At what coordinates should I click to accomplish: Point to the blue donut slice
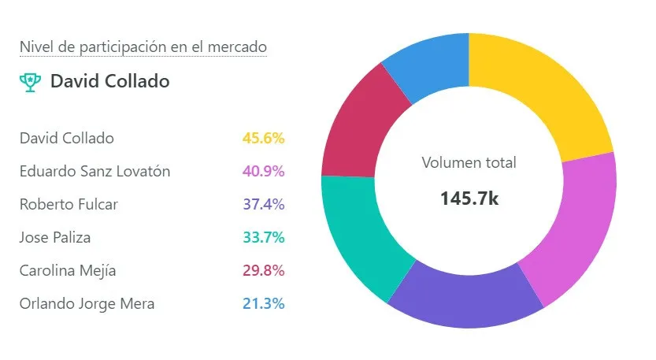(x=429, y=67)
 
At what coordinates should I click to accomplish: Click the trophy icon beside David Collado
(x=30, y=81)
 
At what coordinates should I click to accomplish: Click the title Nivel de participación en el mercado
(x=143, y=47)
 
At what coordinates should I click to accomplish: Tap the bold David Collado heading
(x=110, y=81)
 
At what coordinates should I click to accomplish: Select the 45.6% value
(x=263, y=138)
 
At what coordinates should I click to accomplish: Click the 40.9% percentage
(x=263, y=171)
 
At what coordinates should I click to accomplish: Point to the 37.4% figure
(x=263, y=204)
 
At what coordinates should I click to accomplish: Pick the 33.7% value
(x=263, y=237)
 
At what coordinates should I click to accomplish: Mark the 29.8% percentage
(x=263, y=270)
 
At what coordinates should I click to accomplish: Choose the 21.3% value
(x=263, y=303)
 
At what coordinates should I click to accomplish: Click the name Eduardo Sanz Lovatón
(x=95, y=171)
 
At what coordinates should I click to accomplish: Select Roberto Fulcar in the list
(x=69, y=204)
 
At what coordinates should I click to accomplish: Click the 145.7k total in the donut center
(x=469, y=198)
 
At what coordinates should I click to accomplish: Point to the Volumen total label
(x=469, y=163)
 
